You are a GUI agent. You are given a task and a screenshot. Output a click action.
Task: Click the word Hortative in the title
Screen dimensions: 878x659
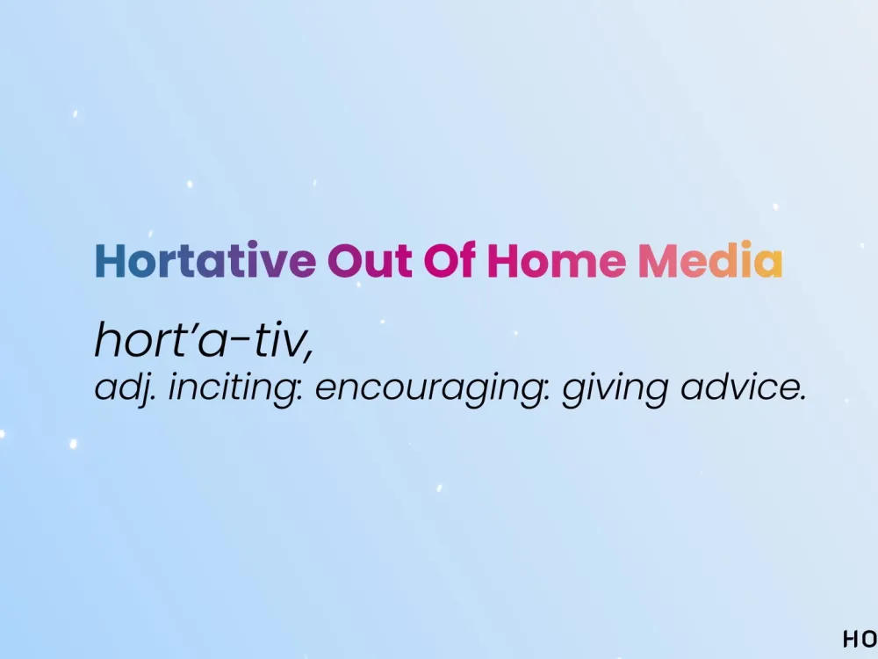[205, 260]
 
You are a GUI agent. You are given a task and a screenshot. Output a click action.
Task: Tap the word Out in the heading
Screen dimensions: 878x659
[370, 261]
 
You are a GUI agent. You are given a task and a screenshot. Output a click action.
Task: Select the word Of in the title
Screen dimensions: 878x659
[450, 259]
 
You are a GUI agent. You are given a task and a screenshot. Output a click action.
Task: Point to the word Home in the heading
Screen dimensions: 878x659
[557, 261]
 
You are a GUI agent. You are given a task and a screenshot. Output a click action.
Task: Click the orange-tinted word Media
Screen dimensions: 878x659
[710, 259]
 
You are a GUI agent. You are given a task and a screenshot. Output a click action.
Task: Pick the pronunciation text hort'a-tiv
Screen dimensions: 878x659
[204, 339]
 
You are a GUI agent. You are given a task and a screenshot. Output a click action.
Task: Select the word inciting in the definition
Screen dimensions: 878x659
[235, 387]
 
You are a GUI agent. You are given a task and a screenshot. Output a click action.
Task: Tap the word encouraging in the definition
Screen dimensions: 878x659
[432, 387]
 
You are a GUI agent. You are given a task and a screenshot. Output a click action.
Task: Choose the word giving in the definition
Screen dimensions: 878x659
[615, 387]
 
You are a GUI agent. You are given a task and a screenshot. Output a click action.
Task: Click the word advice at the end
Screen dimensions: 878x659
[738, 387]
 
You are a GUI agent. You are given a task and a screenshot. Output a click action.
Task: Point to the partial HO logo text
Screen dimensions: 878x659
[860, 639]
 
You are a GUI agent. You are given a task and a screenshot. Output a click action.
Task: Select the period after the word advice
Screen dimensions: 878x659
[802, 397]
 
